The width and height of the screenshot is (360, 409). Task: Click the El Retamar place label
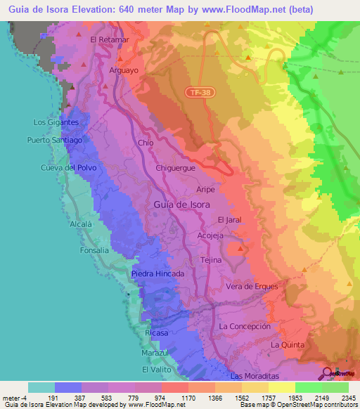pos(110,39)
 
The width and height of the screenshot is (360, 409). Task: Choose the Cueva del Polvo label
pos(67,169)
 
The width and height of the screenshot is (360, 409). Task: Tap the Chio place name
pos(146,143)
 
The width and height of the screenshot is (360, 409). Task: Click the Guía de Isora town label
pos(181,204)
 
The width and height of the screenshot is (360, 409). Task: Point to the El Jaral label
pos(230,219)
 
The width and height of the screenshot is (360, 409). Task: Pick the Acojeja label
pos(211,235)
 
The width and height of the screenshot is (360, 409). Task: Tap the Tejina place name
pos(211,260)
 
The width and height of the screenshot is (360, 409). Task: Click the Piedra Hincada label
pos(158,273)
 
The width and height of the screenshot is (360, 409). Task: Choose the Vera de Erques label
pos(252,286)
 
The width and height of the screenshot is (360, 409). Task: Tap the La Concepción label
pos(245,327)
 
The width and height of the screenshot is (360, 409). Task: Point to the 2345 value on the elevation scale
pos(347,398)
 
